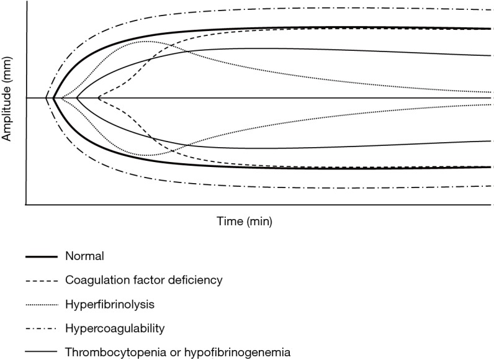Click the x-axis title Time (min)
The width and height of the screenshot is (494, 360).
245,221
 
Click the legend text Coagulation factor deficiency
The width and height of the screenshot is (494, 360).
143,280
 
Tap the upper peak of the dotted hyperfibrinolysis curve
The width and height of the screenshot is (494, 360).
146,42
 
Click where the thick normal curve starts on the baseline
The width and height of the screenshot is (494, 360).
55,98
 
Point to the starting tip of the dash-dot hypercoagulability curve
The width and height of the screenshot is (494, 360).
47,98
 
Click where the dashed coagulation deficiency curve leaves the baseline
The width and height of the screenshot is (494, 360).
98,98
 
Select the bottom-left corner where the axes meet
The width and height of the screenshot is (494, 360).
25,204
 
